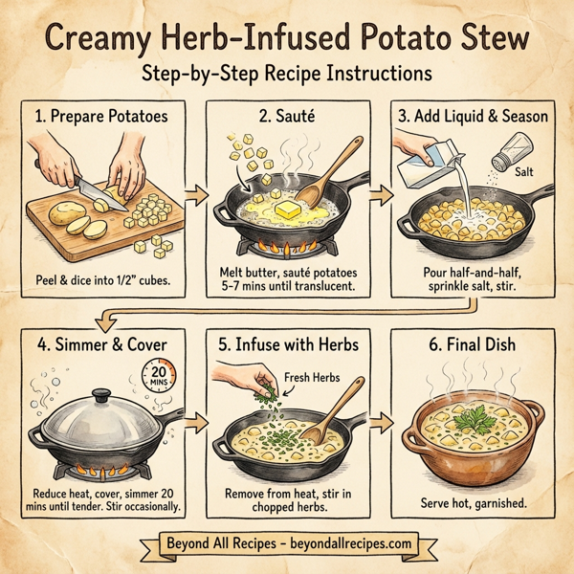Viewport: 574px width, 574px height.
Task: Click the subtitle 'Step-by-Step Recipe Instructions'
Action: click(x=286, y=73)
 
